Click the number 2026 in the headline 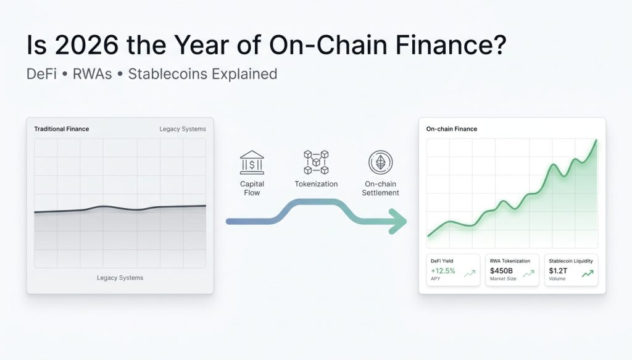(x=77, y=47)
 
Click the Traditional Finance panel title (x=61, y=129)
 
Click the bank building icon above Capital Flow (x=252, y=164)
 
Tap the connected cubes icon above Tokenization (x=316, y=162)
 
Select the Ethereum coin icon (x=381, y=163)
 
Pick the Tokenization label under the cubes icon (x=316, y=184)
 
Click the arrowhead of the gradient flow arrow (x=397, y=221)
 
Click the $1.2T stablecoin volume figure (x=559, y=270)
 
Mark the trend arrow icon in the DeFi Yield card (x=470, y=274)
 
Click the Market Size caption (x=503, y=279)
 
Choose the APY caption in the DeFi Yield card (x=436, y=279)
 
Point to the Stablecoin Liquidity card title (x=571, y=261)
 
